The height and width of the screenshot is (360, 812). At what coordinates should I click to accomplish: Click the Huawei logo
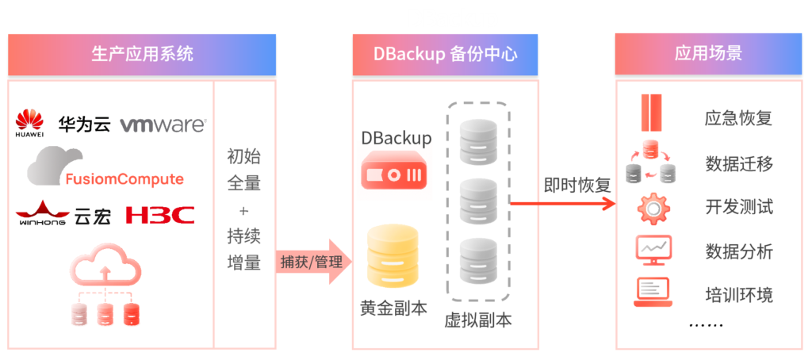coord(29,124)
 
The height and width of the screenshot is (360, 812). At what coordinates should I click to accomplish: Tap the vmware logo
coord(163,124)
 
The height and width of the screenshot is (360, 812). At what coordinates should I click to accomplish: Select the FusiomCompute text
coord(124,178)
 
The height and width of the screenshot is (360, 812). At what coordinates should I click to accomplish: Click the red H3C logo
coord(160,215)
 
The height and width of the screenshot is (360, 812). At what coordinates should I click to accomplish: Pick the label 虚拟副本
coord(477,320)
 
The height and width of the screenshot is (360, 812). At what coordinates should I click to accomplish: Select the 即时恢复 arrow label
coord(576,186)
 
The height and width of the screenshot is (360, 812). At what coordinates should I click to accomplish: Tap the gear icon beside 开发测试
coord(653,208)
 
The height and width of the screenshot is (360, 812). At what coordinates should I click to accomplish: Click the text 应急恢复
coord(738,119)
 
